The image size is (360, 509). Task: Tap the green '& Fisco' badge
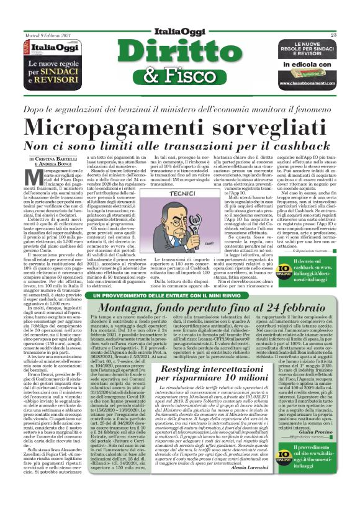180,76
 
